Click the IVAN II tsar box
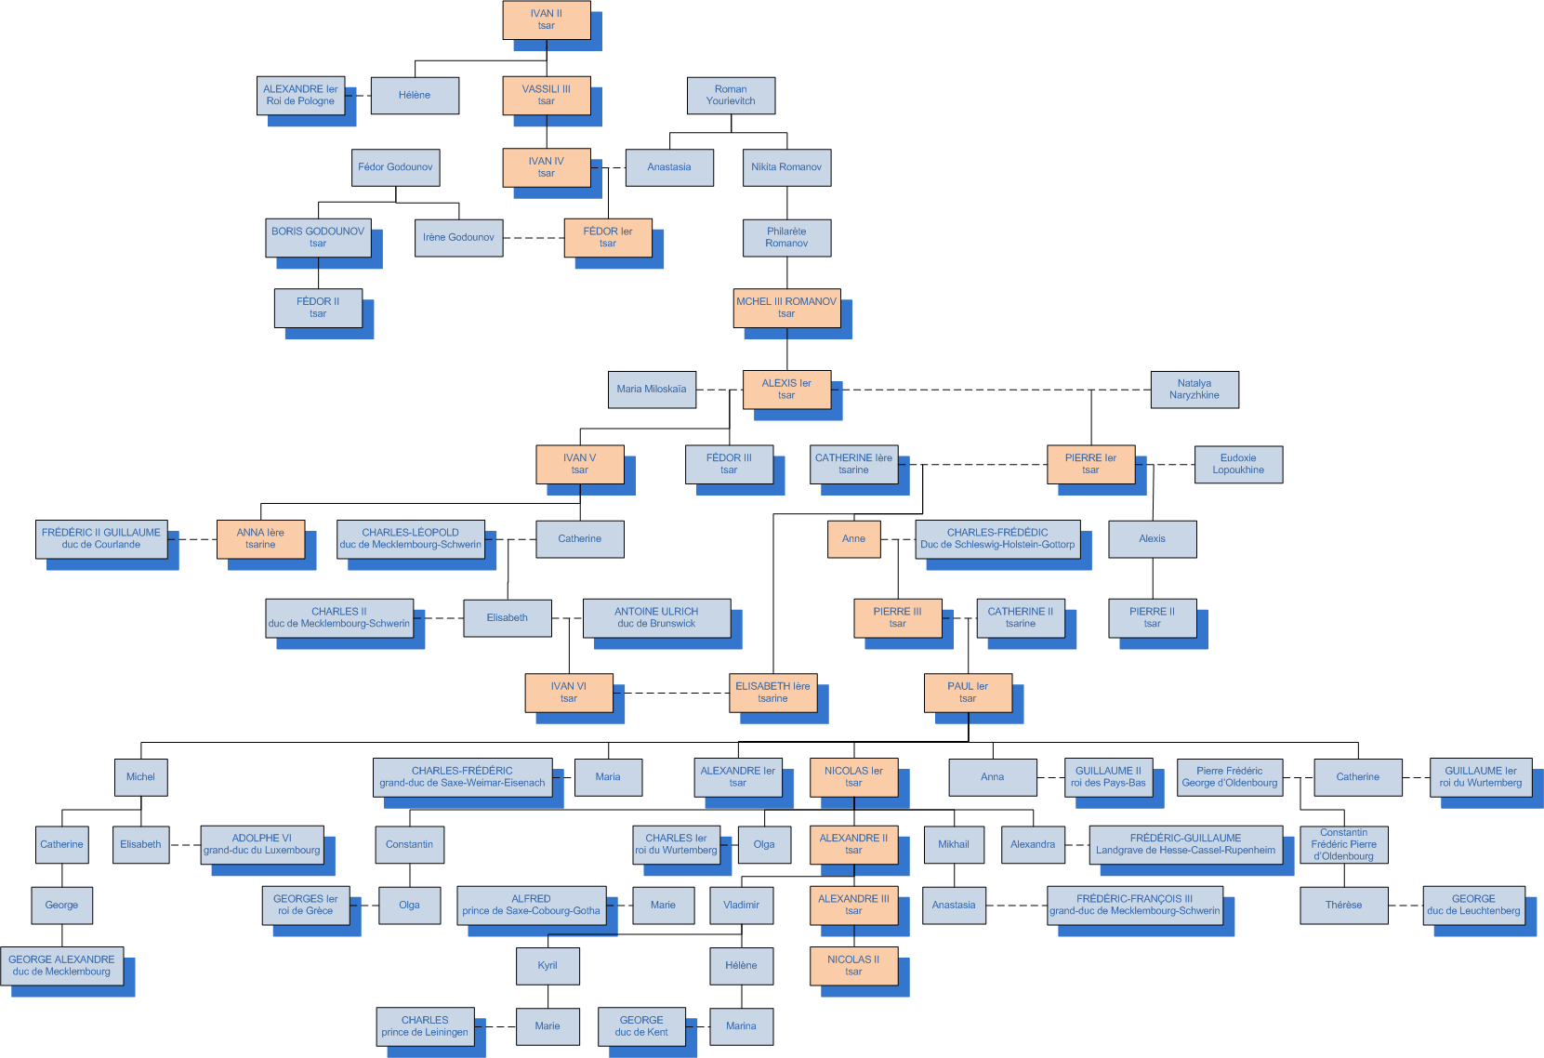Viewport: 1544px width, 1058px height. [547, 20]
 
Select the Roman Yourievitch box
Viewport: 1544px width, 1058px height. [731, 96]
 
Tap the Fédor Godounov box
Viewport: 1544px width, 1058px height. [395, 167]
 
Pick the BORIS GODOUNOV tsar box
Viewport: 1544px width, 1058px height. [318, 237]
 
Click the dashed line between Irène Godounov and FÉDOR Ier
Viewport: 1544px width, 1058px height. [534, 238]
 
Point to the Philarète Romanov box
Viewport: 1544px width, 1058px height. [786, 237]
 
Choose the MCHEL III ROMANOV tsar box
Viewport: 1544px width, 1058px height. [786, 308]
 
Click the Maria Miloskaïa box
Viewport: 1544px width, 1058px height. [652, 390]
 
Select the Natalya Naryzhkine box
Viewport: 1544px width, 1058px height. [1194, 390]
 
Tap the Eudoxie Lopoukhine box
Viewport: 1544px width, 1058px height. [1238, 464]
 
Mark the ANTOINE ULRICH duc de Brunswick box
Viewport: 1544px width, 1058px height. [656, 618]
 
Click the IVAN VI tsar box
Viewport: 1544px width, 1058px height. [569, 693]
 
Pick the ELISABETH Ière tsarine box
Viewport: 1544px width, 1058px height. [772, 693]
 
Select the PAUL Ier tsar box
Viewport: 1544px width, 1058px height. [968, 693]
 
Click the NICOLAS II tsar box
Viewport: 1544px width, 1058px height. [853, 966]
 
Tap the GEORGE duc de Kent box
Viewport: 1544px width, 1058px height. [641, 1026]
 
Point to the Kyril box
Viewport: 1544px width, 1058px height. [548, 966]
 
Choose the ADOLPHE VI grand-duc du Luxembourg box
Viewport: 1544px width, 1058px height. [262, 844]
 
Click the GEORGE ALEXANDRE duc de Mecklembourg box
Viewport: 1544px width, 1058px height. [62, 966]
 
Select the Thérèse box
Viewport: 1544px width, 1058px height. [1343, 906]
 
